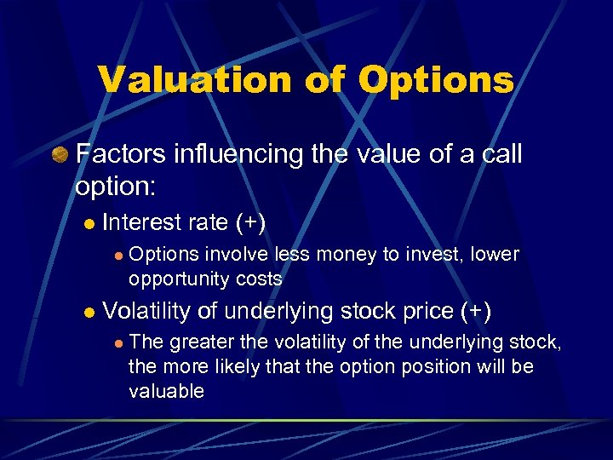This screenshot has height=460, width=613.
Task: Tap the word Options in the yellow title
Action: pos(436,79)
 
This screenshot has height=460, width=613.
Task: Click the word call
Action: pos(497,154)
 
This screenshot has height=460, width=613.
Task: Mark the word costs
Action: pos(259,279)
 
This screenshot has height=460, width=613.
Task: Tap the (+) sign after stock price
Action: pos(475,311)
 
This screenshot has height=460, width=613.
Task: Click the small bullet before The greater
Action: pos(119,343)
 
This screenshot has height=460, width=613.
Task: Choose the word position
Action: pos(438,366)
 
